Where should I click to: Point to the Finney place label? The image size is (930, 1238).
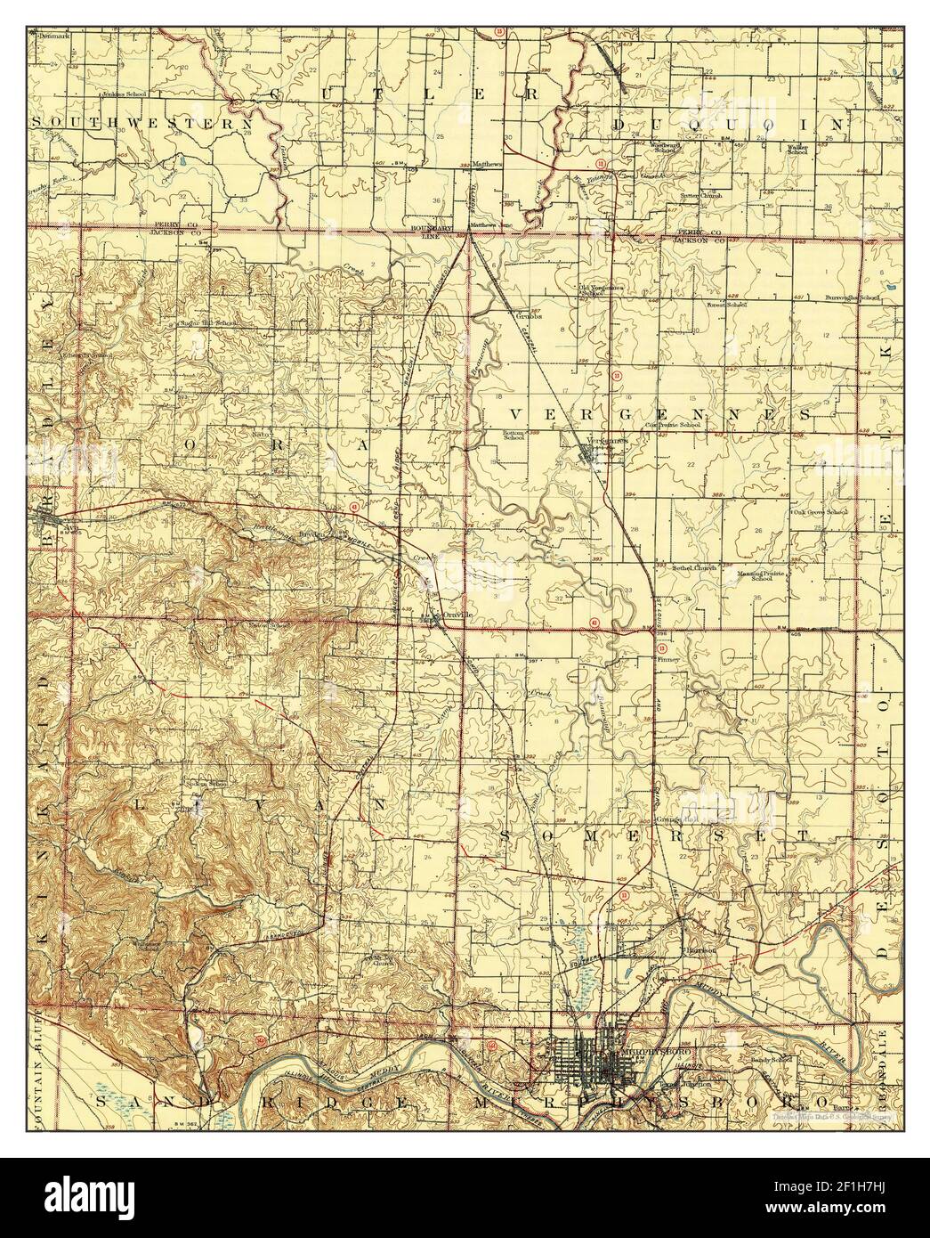[668, 660]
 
